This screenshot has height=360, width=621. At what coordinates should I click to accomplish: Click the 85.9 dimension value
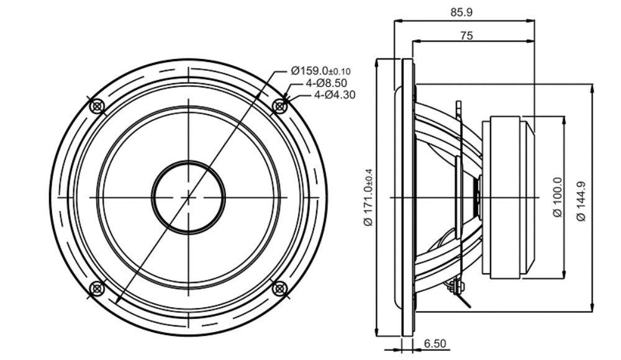(x=461, y=12)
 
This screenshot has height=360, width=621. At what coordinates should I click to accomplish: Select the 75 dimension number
(x=466, y=35)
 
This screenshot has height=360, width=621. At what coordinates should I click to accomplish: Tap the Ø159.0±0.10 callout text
(x=320, y=71)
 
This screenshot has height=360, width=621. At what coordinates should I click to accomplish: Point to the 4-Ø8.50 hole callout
(x=326, y=83)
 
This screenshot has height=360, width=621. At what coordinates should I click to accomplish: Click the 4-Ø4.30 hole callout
(x=335, y=95)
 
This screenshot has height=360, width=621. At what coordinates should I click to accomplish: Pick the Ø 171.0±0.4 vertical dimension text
(x=368, y=197)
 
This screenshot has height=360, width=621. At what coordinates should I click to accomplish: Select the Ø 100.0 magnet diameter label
(x=557, y=197)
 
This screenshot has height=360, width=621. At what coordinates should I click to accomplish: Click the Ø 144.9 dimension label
(x=581, y=200)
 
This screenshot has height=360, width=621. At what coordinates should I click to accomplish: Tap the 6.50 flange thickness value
(x=435, y=343)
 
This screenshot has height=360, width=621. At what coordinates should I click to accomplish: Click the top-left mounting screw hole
(x=97, y=106)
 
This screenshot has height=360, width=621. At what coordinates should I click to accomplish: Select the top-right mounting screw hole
(x=279, y=106)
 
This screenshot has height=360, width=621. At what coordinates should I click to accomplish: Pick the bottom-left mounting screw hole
(x=97, y=289)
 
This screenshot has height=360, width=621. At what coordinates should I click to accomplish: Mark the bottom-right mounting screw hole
(x=279, y=289)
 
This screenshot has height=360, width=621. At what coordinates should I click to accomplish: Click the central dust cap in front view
(x=188, y=197)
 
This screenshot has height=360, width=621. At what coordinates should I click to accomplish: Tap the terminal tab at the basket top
(x=459, y=109)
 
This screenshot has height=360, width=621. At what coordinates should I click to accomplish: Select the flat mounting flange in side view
(x=408, y=197)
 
